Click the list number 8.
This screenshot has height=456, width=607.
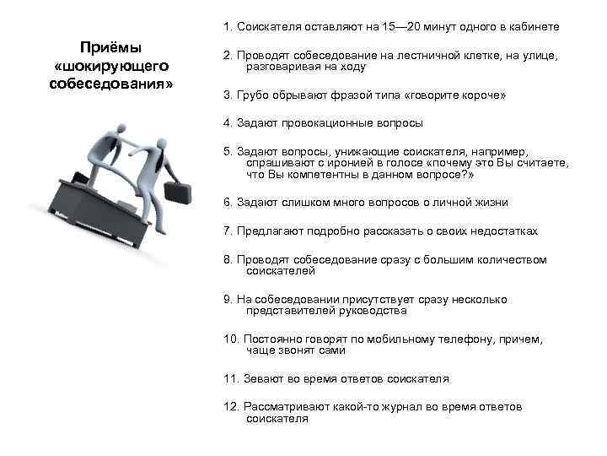(x=228, y=259)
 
